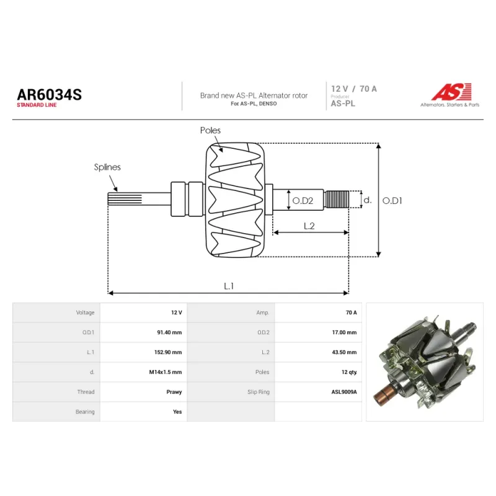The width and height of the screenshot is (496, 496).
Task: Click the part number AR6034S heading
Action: (50, 95)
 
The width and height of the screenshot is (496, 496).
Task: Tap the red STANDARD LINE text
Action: (37, 105)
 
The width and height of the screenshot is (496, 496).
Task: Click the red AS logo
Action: (451, 92)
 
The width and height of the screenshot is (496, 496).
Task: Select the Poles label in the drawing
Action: (210, 130)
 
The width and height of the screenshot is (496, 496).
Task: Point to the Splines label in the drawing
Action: (107, 167)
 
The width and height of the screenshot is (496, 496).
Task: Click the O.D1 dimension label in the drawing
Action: (392, 200)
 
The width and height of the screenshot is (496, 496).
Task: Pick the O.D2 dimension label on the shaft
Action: (303, 200)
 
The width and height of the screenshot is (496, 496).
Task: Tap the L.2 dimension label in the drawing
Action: (309, 226)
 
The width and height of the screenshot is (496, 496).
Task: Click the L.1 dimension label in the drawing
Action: (229, 286)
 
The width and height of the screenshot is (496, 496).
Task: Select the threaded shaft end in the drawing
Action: (337, 199)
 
